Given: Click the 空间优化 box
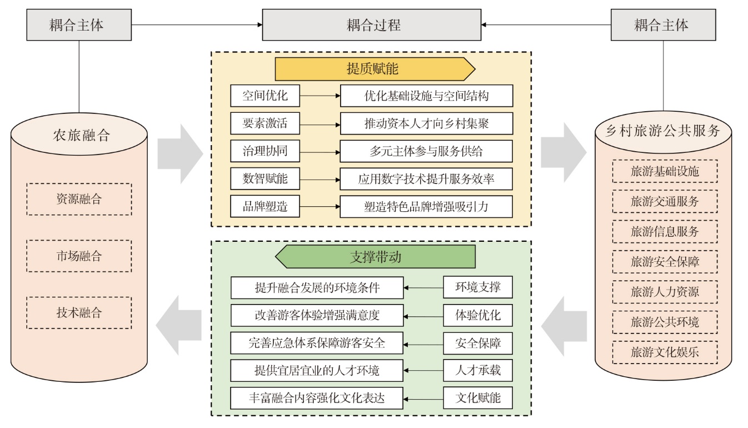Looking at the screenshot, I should (265, 96).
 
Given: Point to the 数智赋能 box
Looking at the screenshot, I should (265, 179).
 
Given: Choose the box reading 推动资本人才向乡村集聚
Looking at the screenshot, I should (426, 123).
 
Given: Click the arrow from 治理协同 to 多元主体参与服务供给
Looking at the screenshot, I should (320, 151).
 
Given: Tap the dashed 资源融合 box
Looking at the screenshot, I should (79, 199).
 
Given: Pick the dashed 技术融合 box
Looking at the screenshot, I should (79, 312).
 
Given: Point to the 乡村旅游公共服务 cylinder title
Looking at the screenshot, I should (665, 131).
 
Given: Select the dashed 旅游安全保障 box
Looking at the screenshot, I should (665, 261).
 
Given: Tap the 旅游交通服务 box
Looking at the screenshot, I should (665, 201).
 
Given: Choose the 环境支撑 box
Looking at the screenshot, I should (478, 288).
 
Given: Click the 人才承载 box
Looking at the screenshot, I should (478, 371).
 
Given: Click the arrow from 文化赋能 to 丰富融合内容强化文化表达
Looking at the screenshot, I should (423, 399).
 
